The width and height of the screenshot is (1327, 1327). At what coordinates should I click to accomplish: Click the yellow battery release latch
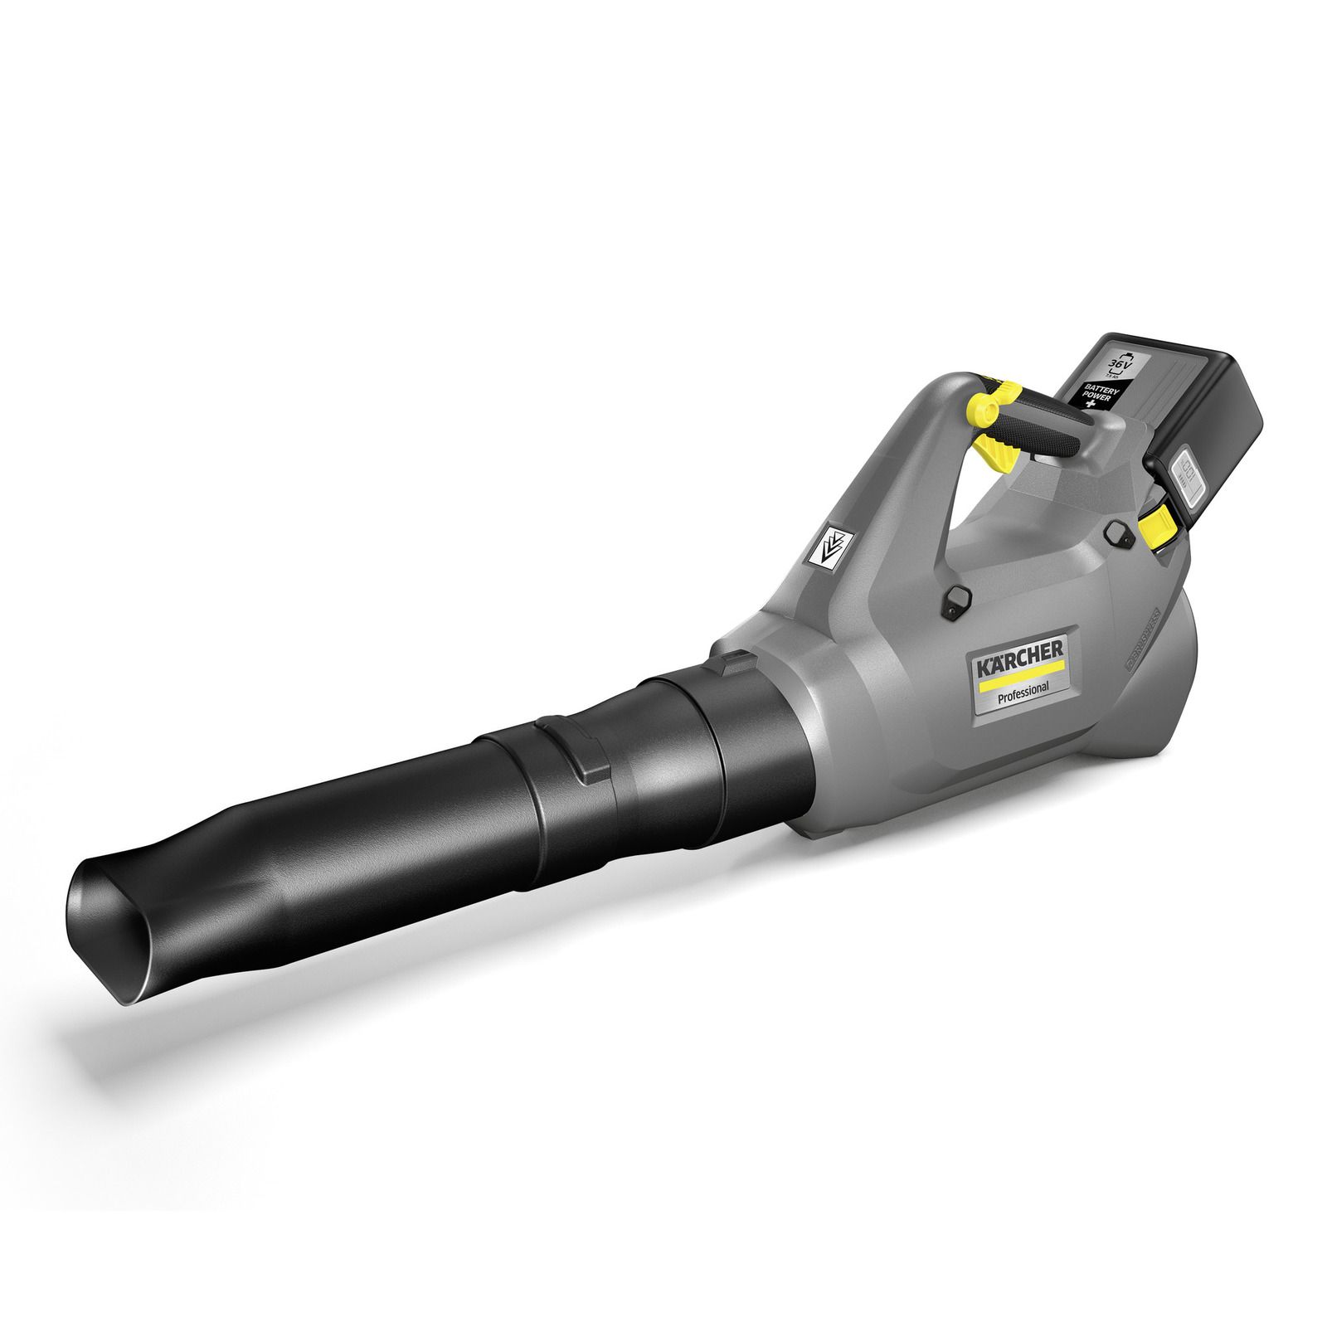1155,526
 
